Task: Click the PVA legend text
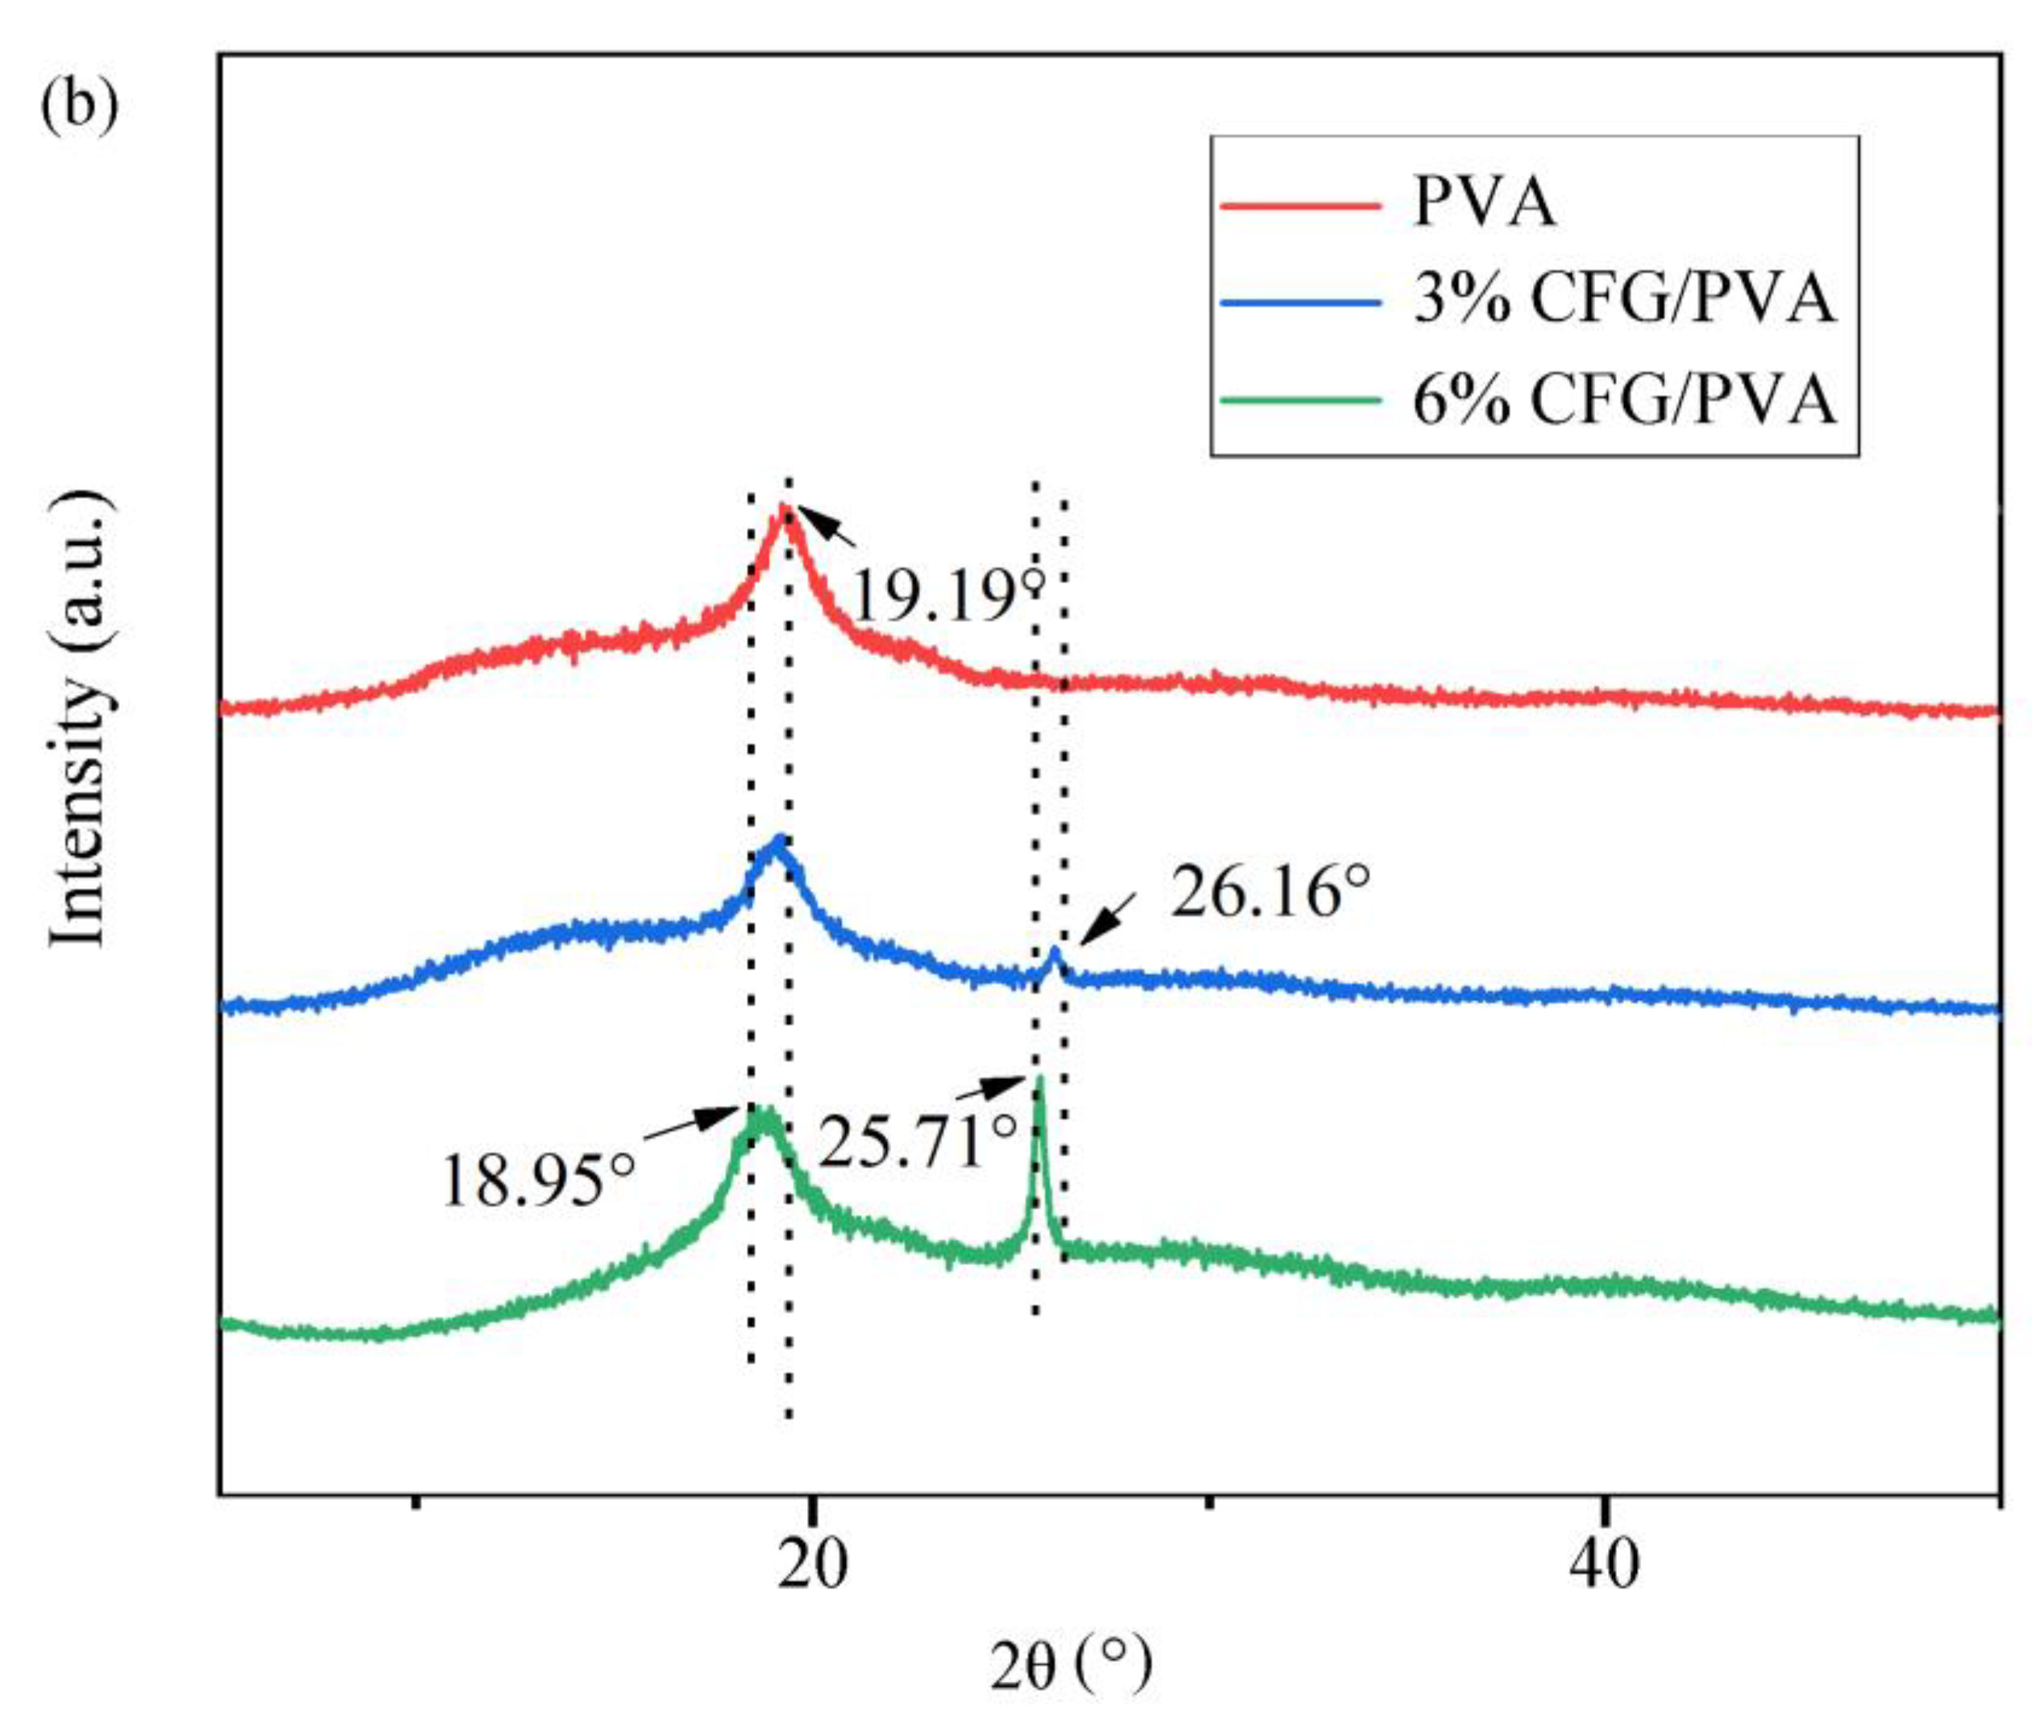1484,205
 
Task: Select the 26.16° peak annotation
1270,893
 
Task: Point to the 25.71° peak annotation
916,1142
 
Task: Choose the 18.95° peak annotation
538,1182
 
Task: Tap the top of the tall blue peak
778,838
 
